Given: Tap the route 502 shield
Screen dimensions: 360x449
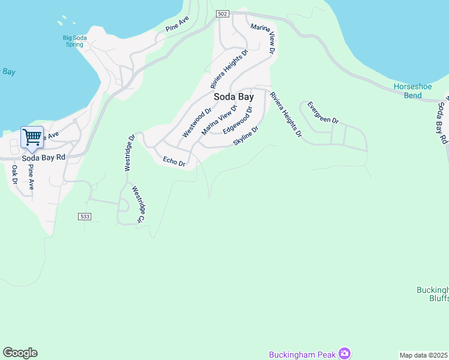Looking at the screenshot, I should point(223,14).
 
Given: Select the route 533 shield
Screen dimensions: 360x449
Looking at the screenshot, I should point(85,216).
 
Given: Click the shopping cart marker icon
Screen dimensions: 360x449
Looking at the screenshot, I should point(32,137).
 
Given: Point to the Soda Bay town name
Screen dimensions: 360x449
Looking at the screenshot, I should point(234,96).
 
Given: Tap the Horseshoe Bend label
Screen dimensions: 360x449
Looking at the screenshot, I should point(412,91).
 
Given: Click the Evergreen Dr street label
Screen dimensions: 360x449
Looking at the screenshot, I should point(323,112).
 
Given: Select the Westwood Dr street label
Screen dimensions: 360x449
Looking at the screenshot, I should point(197,122).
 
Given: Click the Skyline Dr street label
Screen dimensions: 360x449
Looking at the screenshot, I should point(246,136).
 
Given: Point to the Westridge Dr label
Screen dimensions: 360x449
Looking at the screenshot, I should point(130,153).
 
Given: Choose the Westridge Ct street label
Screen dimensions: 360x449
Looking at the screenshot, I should point(139,204).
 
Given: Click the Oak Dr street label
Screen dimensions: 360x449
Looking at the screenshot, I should point(15,174).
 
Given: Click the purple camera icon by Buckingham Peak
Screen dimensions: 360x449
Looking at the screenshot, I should point(345,353).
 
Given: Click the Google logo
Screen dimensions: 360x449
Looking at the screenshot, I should point(20,353).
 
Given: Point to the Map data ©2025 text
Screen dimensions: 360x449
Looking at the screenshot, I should point(424,355).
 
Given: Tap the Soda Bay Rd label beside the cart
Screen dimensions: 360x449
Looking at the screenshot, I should point(43,158).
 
